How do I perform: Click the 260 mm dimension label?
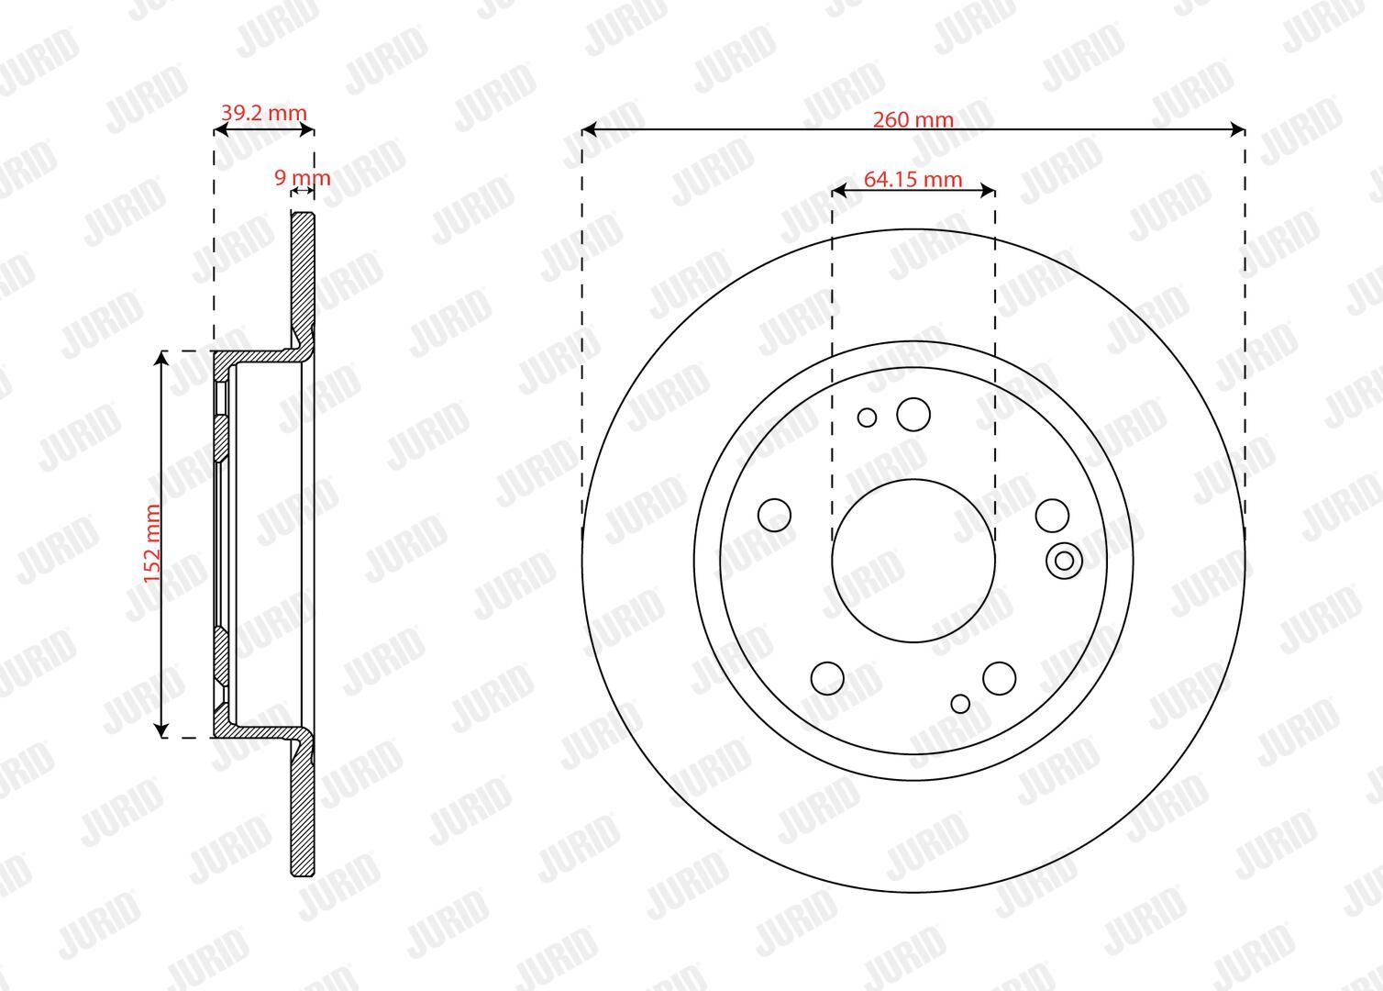pos(913,119)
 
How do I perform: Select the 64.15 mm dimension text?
pos(913,179)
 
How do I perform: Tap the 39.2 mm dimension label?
pos(263,113)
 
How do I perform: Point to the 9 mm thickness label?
pos(302,178)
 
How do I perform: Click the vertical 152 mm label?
pos(152,543)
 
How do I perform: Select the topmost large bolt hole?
pos(913,414)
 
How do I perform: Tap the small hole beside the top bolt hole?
pos(867,418)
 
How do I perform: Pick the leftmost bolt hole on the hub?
pos(774,516)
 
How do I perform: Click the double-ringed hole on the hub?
pos(1065,561)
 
